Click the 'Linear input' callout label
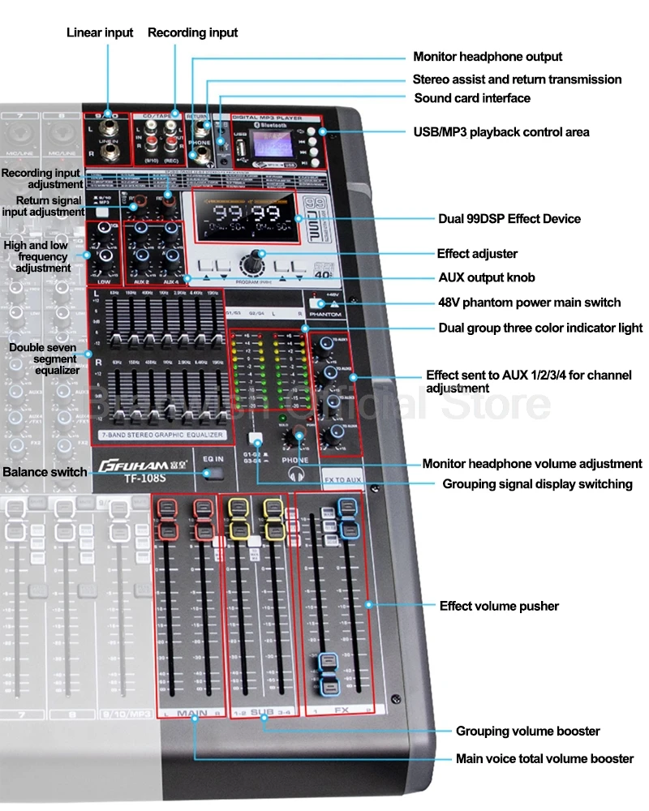click(100, 32)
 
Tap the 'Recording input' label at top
click(192, 32)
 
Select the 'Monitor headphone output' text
click(487, 57)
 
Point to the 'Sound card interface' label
click(471, 98)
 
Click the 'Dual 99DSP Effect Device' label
click(509, 219)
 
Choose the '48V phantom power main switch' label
click(529, 303)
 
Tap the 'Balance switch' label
click(45, 472)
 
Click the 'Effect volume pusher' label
click(499, 606)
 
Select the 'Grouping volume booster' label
click(527, 732)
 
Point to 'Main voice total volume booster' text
click(544, 759)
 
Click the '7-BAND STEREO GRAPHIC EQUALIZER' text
click(161, 436)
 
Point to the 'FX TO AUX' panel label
click(342, 480)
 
